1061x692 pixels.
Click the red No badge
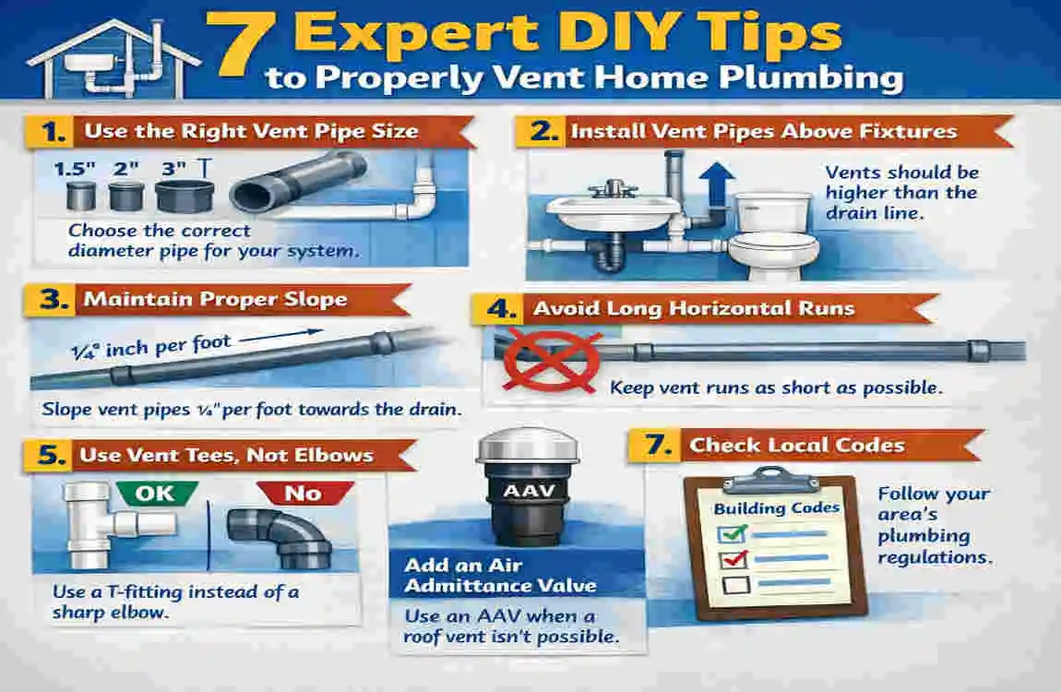(303, 492)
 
